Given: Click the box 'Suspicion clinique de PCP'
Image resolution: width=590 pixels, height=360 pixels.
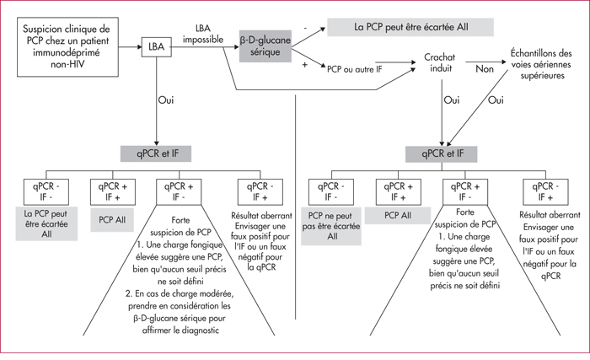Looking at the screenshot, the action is (x=67, y=46).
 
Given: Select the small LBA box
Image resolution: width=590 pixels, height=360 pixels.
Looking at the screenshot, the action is (x=157, y=46).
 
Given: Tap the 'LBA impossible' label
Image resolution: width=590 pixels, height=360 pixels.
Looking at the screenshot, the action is (x=203, y=34).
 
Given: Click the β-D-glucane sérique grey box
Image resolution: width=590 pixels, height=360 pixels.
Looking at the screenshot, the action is (x=265, y=46).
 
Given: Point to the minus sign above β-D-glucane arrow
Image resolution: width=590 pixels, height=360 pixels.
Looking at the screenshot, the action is (x=305, y=28).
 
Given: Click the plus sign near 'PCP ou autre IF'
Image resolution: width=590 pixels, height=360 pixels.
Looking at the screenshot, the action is (x=305, y=65).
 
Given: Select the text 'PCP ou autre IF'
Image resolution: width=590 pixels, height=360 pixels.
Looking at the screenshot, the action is (x=355, y=69).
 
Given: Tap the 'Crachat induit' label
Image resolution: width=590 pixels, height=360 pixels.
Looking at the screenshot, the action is (x=440, y=63).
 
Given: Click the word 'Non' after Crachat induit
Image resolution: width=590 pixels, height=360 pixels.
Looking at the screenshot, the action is (x=485, y=69).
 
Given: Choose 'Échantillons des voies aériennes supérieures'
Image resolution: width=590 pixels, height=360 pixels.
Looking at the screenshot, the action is (x=541, y=64).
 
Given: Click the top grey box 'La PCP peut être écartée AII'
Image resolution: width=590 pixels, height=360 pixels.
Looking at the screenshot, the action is (x=410, y=27).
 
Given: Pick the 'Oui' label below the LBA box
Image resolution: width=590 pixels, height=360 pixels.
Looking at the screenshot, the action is (x=166, y=100).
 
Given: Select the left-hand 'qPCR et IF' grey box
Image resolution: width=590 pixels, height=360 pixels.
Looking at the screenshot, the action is (x=156, y=153).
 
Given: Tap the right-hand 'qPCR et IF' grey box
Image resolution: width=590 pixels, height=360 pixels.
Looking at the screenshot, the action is (x=442, y=154).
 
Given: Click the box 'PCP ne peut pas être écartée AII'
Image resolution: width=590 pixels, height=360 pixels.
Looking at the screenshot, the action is (x=331, y=226).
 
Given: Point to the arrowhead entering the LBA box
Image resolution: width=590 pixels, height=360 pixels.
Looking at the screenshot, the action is (x=139, y=47).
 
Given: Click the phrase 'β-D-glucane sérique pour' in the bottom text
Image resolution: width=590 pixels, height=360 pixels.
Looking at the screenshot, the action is (x=180, y=318).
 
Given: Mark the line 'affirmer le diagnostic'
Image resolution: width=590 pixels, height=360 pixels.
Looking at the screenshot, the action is (x=180, y=330).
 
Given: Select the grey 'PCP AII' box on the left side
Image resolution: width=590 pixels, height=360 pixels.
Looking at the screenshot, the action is (x=112, y=220).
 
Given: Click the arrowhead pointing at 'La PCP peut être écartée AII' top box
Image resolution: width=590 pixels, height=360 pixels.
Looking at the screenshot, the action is (x=323, y=29).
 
